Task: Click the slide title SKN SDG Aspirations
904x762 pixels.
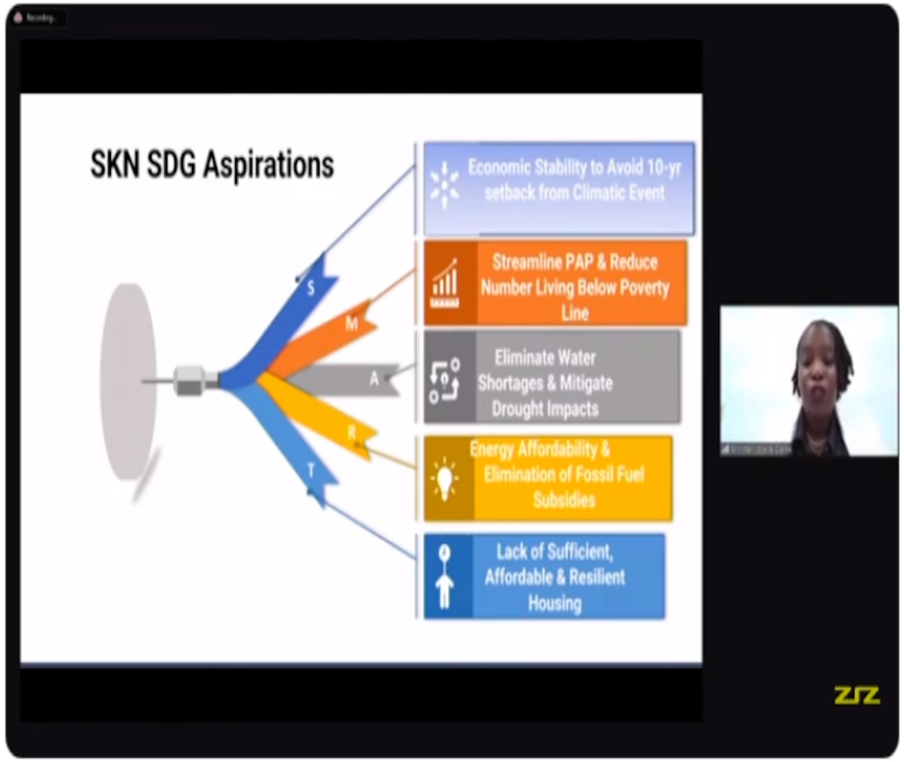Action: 212,165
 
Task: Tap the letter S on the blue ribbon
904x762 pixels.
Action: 311,287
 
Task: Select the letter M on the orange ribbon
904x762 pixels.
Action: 352,323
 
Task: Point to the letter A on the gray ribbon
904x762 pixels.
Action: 374,379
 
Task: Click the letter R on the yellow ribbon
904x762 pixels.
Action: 352,433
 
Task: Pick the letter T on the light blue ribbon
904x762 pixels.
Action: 311,471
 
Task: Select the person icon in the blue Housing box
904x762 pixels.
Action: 444,576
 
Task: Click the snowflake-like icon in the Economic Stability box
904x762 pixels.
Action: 444,186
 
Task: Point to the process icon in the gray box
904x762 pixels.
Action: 445,380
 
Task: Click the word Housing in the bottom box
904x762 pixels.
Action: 555,603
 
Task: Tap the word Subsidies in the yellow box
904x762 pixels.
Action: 564,500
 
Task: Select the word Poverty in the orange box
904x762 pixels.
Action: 641,288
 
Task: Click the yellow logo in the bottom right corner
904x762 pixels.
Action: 857,695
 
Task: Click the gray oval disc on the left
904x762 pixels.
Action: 128,381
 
